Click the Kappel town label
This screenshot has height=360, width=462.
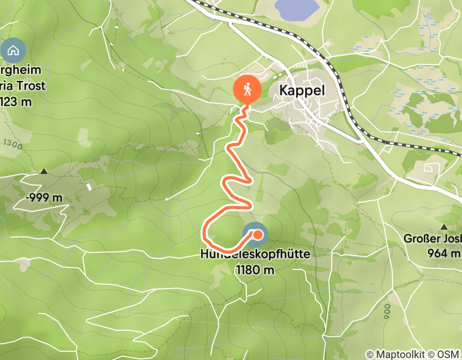coord(302,90)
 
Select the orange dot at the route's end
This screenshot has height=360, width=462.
coord(258,235)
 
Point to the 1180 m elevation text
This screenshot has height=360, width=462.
coord(255,269)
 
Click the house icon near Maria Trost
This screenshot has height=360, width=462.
coord(10,50)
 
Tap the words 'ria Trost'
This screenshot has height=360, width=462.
coord(23,86)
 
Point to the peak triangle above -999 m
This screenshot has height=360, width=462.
coord(44,171)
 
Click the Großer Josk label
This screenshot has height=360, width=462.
coord(432,239)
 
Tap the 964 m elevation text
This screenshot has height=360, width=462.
coord(444,253)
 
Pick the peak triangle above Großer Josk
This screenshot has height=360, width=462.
coord(443,226)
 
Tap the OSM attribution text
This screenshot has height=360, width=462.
coord(449,354)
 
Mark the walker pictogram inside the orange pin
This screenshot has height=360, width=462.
coord(247,89)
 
